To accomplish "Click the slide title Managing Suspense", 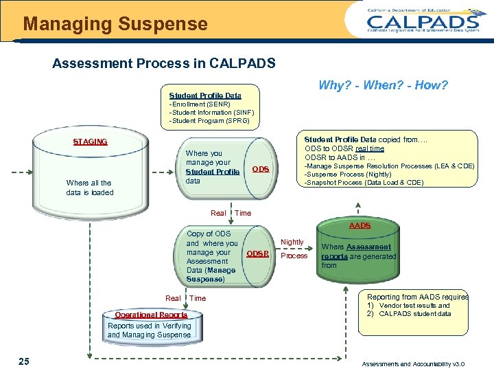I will pos(115,24).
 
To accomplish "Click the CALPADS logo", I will pos(423,20).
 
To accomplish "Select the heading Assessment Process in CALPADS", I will pos(164,64).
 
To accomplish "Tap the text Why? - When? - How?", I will pos(383,85).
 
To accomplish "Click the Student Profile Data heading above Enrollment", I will pos(205,95).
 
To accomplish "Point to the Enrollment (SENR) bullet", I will pos(200,104).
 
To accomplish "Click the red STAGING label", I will pos(90,142).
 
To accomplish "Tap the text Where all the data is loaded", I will pos(90,188).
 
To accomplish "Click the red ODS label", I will pos(261,169).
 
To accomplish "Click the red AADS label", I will pos(360,225).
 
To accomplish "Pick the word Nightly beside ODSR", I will pos(292,242).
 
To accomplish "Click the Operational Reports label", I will pos(151,315).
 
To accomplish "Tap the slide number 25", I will pos(24,361).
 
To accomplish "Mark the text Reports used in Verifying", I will pos(149,326).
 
